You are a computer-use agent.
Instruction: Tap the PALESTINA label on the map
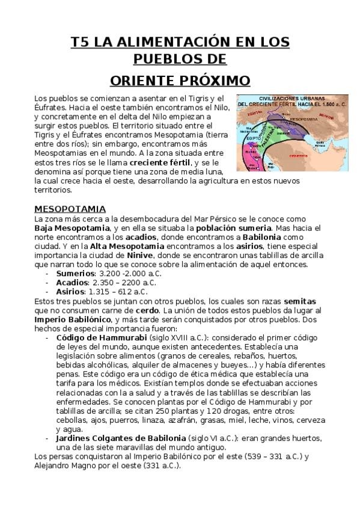click(x=265, y=139)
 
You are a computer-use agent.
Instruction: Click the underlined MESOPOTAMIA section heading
click(x=70, y=209)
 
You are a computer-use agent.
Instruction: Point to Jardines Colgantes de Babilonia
click(x=121, y=438)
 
